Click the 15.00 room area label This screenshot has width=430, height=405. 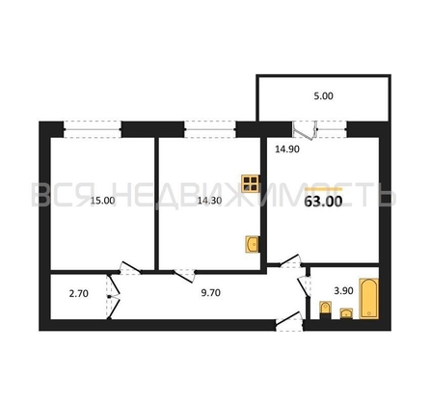pyautogui.click(x=102, y=201)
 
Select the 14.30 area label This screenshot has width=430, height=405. pyautogui.click(x=209, y=201)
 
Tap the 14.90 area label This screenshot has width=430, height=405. pyautogui.click(x=287, y=149)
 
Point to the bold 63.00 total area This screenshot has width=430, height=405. pyautogui.click(x=323, y=202)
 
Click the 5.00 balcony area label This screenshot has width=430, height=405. pyautogui.click(x=323, y=95)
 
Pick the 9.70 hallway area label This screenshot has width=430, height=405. pyautogui.click(x=210, y=293)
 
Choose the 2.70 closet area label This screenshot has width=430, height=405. pyautogui.click(x=79, y=293)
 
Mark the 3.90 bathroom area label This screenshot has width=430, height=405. pyautogui.click(x=343, y=291)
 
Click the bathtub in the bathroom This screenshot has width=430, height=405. pyautogui.click(x=369, y=299)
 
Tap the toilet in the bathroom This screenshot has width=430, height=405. pyautogui.click(x=325, y=310)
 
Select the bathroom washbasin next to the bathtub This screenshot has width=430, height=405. pyautogui.click(x=346, y=313)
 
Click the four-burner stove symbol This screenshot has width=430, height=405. pyautogui.click(x=251, y=183)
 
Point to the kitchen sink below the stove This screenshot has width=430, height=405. pyautogui.click(x=253, y=245)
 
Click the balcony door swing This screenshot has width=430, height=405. pyautogui.click(x=305, y=131)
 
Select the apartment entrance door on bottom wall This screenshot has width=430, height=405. pyautogui.click(x=289, y=321)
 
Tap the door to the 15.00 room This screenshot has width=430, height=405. pyautogui.click(x=130, y=269)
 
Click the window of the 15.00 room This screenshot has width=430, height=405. pyautogui.click(x=93, y=129)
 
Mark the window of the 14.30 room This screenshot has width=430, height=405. pyautogui.click(x=210, y=129)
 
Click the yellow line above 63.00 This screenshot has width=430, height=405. pyautogui.click(x=324, y=189)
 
